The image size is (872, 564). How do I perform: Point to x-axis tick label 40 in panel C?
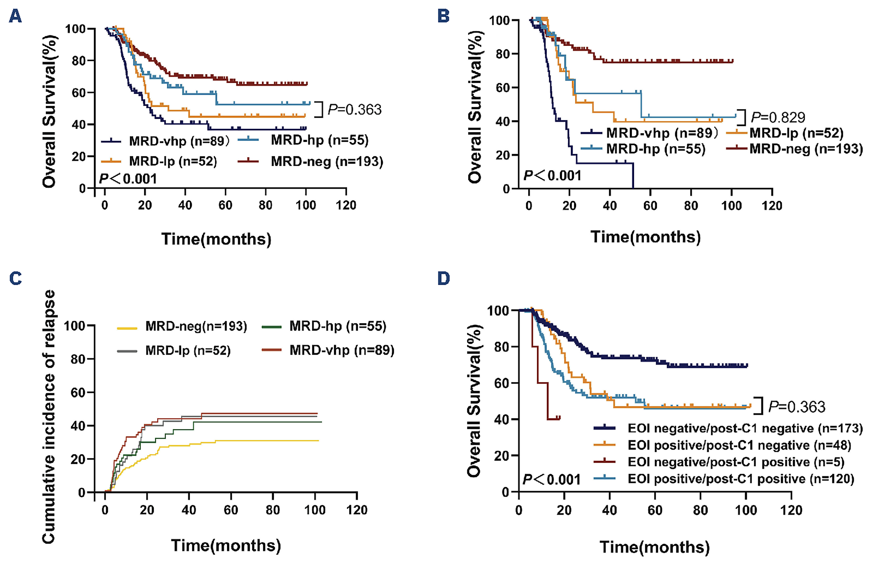pos(189,510)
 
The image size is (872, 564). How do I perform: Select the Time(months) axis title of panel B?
pos(645,237)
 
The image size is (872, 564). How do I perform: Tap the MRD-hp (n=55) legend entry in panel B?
pos(655,149)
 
